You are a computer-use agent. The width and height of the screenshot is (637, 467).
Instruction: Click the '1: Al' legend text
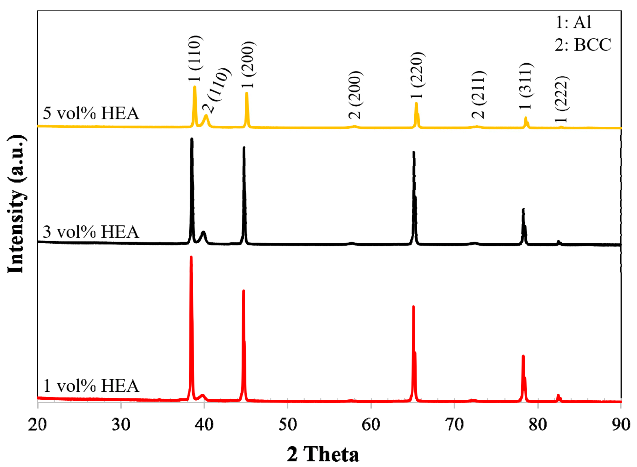(574, 22)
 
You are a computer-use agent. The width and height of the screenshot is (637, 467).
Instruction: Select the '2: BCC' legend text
(583, 45)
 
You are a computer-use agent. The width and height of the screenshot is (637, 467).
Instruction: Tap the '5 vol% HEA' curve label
(91, 113)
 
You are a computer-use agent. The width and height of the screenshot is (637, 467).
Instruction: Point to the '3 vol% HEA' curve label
(91, 232)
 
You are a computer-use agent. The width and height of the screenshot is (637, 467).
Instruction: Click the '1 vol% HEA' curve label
(91, 385)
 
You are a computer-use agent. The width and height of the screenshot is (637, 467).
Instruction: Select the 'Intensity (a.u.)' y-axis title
(16, 204)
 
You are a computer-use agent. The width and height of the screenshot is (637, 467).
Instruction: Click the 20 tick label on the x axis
(37, 424)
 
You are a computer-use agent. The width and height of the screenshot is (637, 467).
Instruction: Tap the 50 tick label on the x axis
(287, 424)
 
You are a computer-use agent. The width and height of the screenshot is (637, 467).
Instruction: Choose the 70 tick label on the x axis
(454, 424)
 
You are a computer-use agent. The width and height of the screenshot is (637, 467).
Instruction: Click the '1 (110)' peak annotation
(195, 58)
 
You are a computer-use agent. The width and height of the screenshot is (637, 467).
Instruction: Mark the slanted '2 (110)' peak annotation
(217, 90)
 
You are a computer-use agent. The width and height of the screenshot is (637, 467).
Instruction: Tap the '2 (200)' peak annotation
(356, 95)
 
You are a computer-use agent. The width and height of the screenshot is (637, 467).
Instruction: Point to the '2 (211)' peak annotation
(478, 95)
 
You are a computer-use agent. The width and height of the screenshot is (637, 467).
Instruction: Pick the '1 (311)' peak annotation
(525, 86)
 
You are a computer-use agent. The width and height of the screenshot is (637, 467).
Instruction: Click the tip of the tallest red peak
(191, 257)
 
